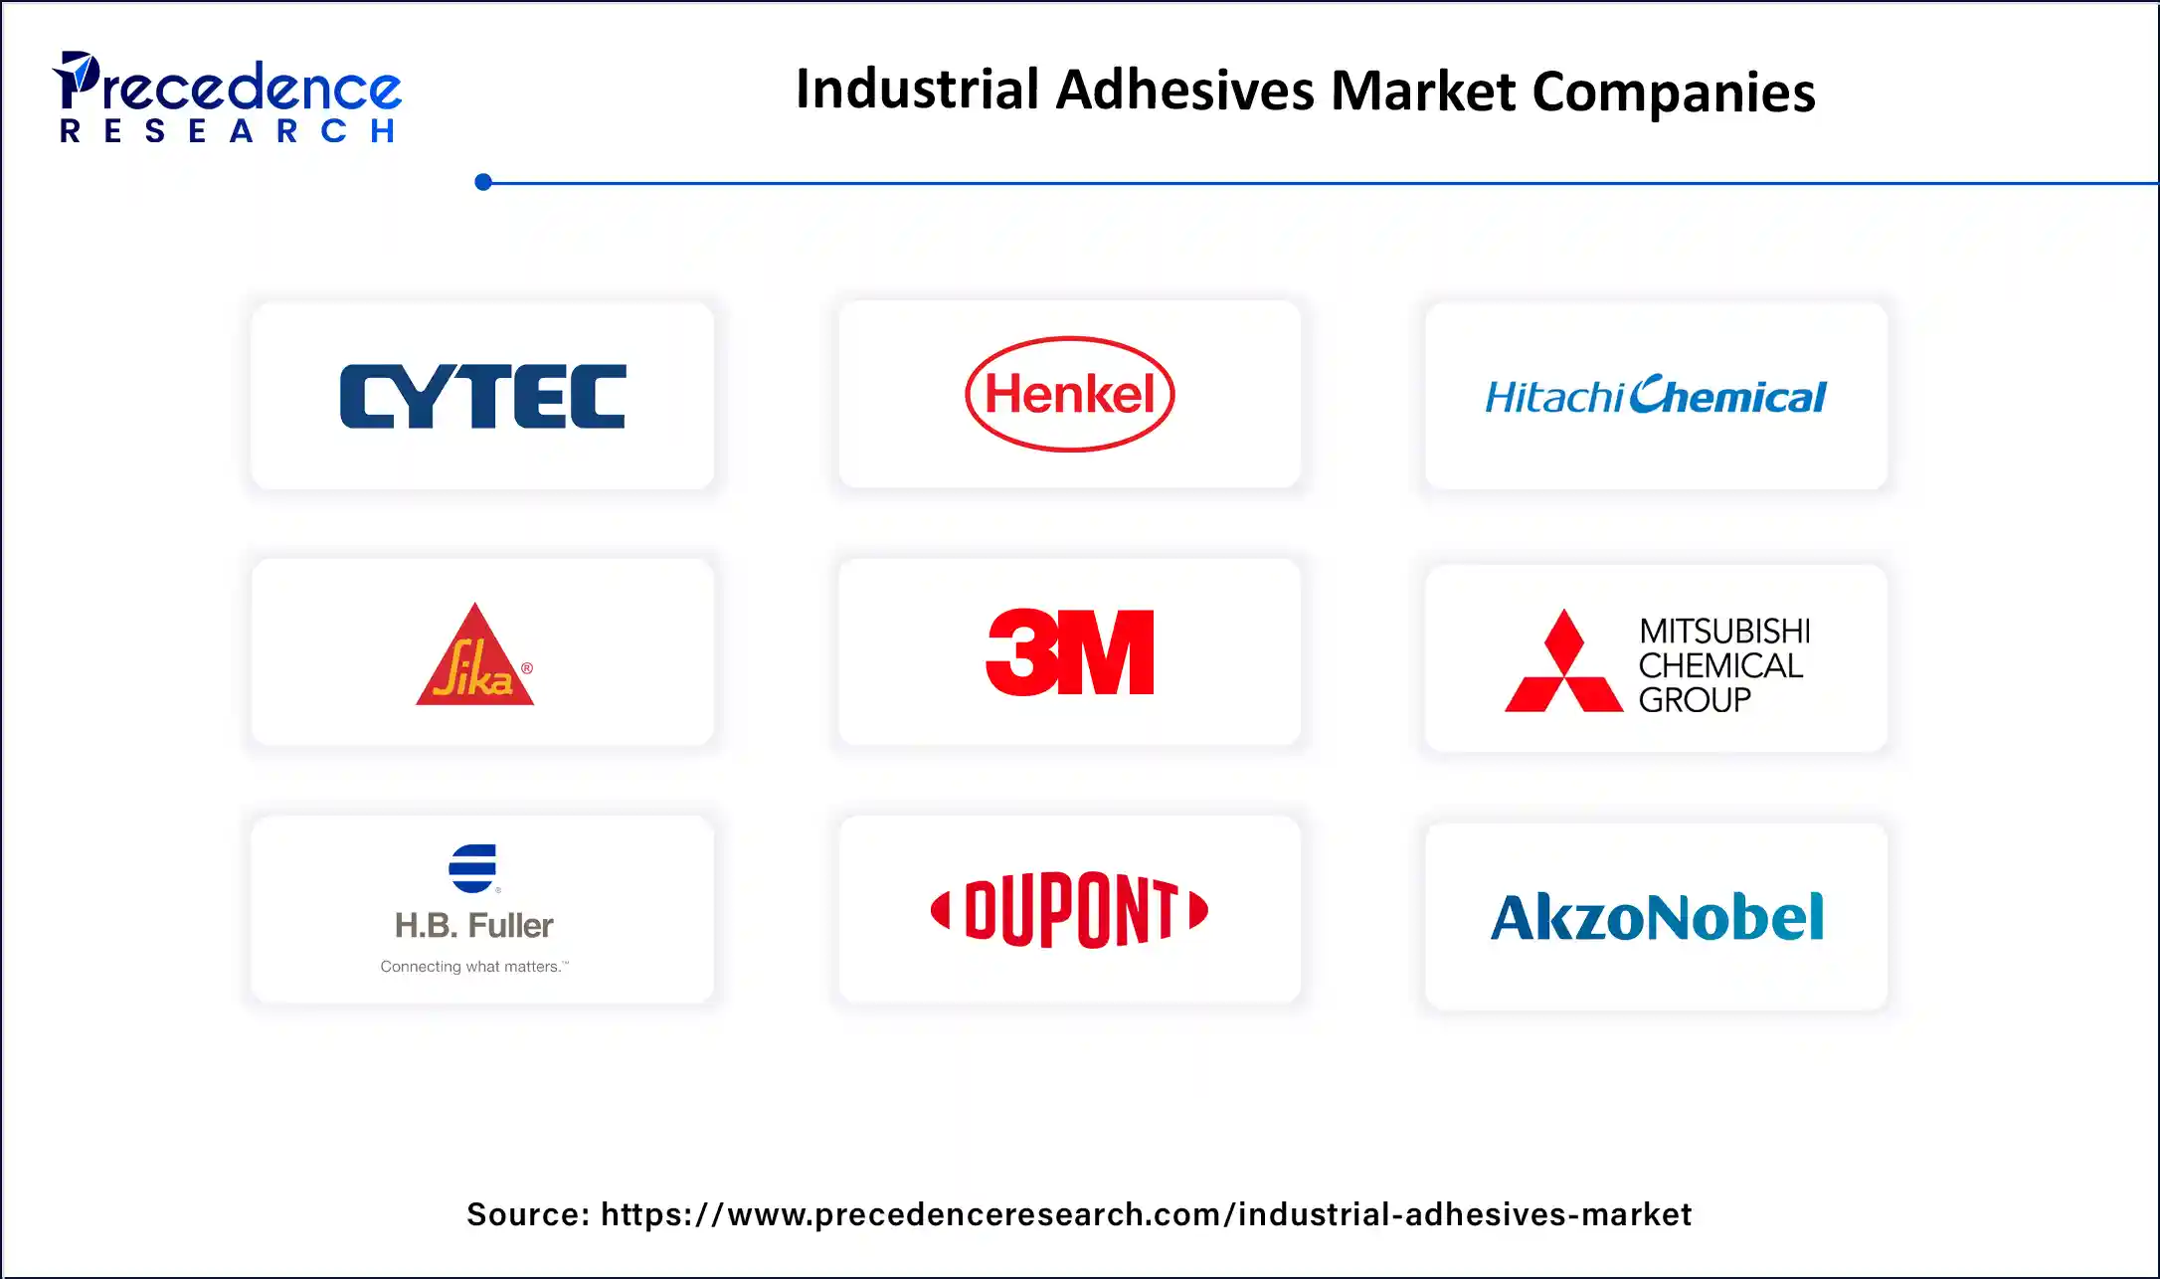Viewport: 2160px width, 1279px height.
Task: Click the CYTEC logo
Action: coord(482,396)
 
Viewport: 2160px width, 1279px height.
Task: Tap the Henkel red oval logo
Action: coord(1069,394)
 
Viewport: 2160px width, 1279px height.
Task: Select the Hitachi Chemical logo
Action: coord(1656,396)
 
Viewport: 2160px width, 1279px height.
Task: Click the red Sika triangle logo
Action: coord(475,657)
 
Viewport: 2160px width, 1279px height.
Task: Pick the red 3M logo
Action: coord(1069,652)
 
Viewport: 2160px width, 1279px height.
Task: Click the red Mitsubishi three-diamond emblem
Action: coord(1563,662)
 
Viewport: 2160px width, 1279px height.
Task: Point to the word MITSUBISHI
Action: coord(1724,631)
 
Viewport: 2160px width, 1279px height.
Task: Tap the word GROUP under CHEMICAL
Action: coord(1695,700)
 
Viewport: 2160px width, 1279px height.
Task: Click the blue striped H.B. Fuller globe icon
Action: coord(473,868)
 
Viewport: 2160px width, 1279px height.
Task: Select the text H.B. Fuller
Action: coord(473,926)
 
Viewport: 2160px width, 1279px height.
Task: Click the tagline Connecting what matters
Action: coord(473,967)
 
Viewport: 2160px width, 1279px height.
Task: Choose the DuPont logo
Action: coord(1069,910)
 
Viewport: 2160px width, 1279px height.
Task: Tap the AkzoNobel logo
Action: coord(1657,917)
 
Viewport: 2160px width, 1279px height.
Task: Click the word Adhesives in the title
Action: coord(1184,91)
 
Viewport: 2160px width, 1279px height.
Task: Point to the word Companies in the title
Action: coord(1674,92)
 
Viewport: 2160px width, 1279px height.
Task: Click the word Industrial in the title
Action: coord(917,90)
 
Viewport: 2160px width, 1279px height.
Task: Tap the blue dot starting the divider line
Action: coord(483,182)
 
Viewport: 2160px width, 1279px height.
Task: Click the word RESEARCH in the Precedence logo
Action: coord(228,131)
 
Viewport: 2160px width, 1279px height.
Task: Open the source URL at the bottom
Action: coord(1146,1214)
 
